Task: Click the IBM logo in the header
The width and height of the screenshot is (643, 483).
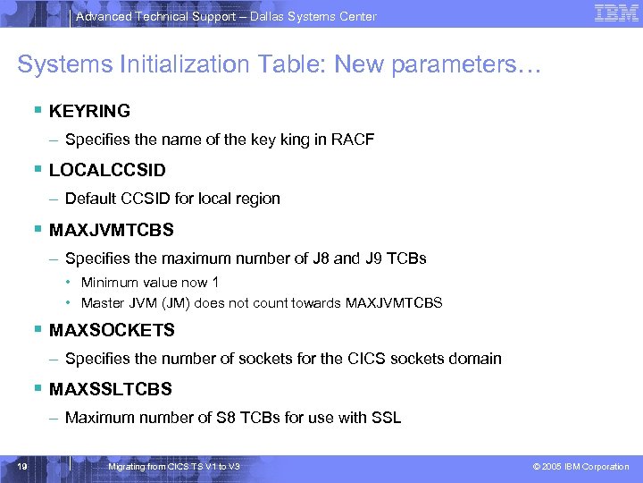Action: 615,13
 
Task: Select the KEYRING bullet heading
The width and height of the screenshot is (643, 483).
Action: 89,112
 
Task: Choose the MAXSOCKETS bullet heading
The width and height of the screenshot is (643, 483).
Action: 112,330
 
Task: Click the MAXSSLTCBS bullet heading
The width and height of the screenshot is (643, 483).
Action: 110,389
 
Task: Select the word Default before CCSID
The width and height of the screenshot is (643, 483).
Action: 90,199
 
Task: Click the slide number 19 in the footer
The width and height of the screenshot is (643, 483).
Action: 23,467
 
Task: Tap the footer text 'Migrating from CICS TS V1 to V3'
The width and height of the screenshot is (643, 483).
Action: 173,467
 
